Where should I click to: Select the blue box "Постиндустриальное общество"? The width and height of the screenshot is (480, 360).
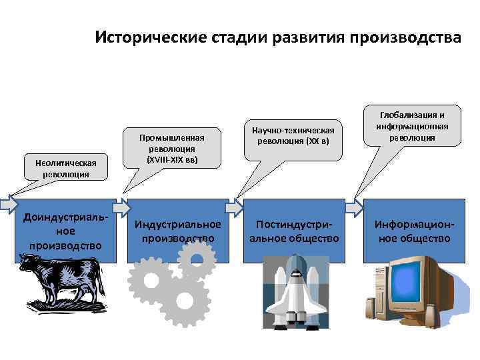[x=294, y=231]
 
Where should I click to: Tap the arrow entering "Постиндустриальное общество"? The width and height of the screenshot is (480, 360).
[x=235, y=207]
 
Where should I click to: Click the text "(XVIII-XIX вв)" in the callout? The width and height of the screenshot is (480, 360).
[x=171, y=161]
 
